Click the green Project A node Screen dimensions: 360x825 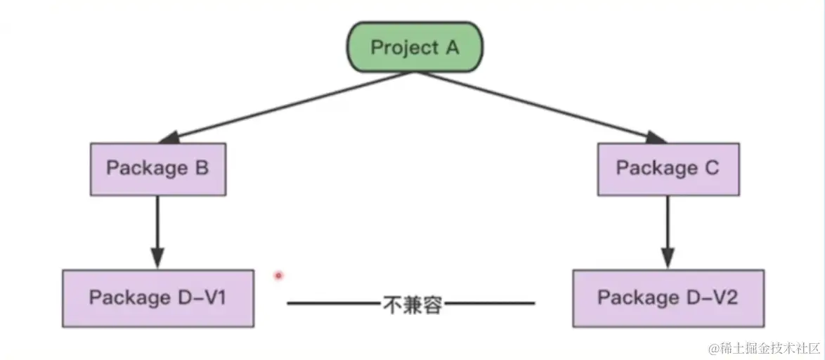[414, 48]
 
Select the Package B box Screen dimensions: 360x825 [157, 168]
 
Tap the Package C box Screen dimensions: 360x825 [668, 169]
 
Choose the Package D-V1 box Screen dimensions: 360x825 [157, 297]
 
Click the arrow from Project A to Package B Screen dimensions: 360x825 [281, 105]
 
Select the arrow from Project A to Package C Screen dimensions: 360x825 [541, 105]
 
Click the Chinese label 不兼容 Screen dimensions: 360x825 [412, 304]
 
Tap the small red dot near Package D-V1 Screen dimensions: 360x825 [278, 276]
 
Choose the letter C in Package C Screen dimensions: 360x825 [711, 169]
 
